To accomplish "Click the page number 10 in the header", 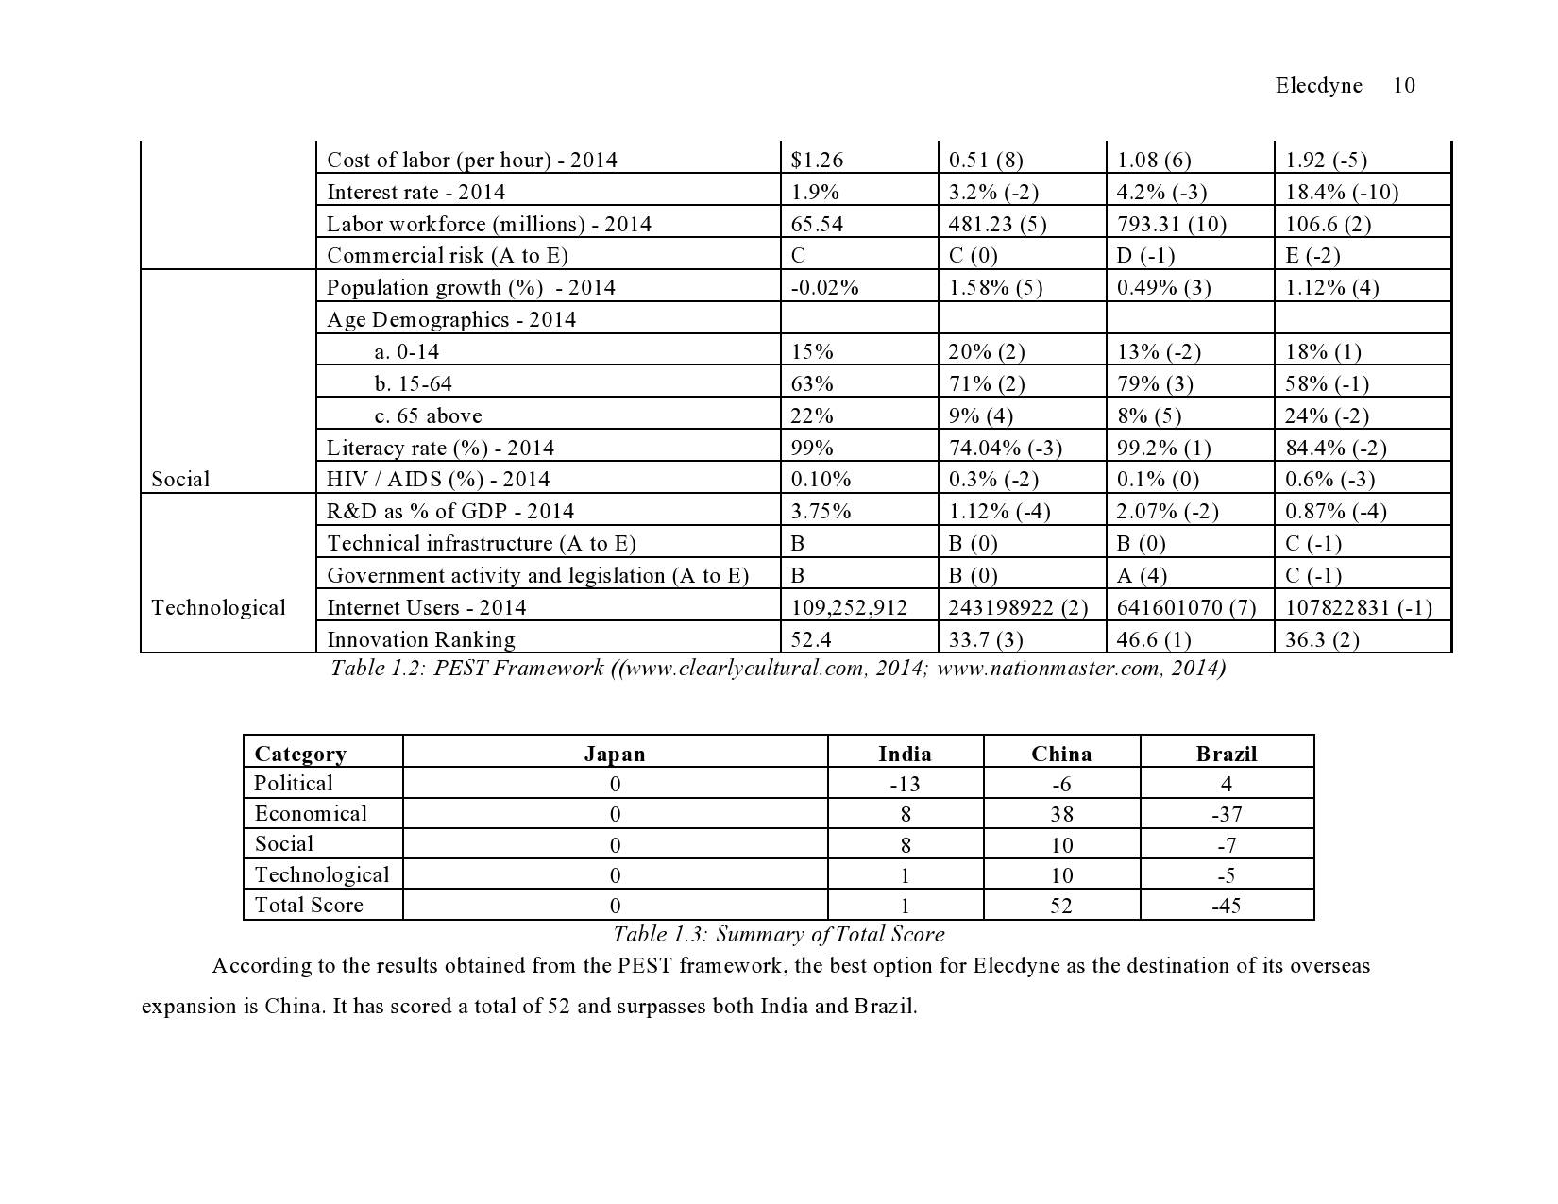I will point(1403,86).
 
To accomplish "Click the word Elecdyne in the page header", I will point(1318,86).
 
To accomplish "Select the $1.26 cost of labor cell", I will point(817,160).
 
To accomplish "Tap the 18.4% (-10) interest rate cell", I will point(1341,192).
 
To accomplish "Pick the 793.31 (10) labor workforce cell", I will point(1163,224).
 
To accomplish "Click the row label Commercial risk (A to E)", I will point(447,255).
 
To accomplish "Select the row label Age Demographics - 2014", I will point(450,319).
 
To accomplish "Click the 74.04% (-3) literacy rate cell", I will point(1005,448).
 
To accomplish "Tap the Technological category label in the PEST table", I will point(218,607).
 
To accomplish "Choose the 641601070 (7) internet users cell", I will point(1186,607).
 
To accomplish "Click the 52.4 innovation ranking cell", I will point(810,639).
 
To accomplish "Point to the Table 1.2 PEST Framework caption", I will point(777,669).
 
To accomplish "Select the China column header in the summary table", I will point(1061,754).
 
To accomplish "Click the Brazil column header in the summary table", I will point(1227,754).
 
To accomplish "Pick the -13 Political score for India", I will point(905,784).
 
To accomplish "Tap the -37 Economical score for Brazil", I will point(1227,814).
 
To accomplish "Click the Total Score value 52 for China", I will point(1061,906).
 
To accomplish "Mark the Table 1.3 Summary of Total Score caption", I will point(778,935).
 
